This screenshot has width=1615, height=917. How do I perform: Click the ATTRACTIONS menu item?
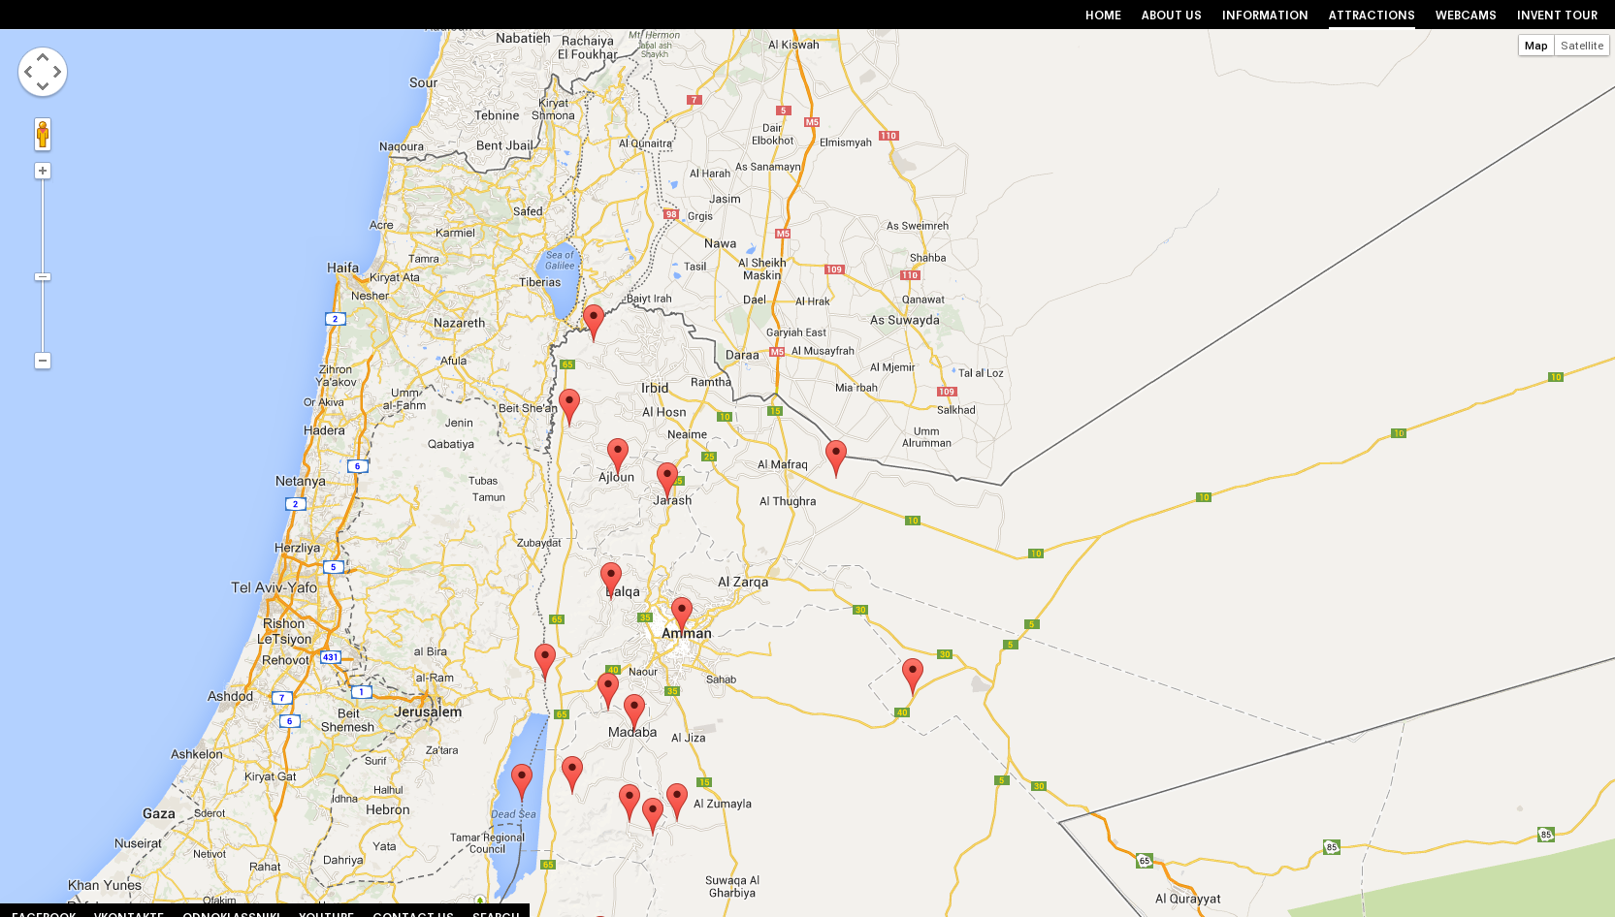1371,16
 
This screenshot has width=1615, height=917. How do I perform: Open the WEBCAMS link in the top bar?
1465,16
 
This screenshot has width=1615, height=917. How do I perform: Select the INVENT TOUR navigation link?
1557,16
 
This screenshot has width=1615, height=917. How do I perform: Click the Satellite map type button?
1581,46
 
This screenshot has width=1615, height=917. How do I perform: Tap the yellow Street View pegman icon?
43,134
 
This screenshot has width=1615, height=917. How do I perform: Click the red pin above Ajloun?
618,453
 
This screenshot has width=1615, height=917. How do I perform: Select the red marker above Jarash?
667,477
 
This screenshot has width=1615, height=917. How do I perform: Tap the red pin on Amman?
682,612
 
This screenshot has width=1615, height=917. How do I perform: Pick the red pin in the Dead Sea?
522,778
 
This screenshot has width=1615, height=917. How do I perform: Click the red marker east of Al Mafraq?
836,455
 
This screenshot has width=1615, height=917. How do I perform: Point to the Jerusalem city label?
428,711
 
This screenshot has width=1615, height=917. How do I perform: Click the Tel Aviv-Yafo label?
274,587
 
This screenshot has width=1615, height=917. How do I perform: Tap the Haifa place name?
342,268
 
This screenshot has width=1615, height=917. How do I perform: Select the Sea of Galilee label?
560,260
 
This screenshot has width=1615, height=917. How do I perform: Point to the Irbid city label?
655,388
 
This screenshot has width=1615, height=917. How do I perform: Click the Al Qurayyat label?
1187,899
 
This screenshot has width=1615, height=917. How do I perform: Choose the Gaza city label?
159,813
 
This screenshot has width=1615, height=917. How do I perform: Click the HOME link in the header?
1103,16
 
